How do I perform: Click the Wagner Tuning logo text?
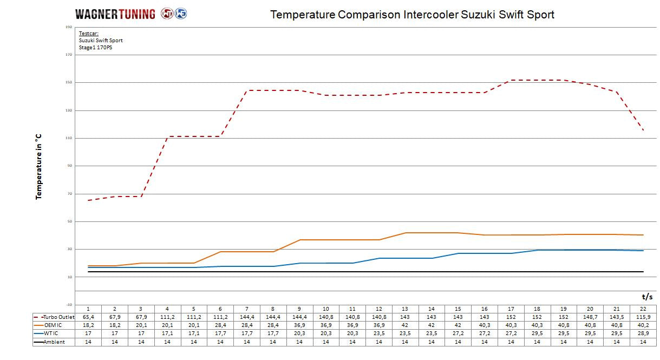click(x=115, y=14)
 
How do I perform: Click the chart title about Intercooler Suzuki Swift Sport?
click(x=412, y=15)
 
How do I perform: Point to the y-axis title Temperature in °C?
click(x=39, y=167)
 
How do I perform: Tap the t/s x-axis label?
click(x=647, y=296)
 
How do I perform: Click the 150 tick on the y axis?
click(x=69, y=83)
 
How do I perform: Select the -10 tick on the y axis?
click(x=69, y=305)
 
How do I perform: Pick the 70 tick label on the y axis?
click(x=69, y=194)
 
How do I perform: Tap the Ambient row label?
click(x=55, y=342)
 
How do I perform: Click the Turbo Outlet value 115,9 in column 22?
click(x=643, y=317)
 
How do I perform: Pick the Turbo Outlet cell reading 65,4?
click(x=88, y=317)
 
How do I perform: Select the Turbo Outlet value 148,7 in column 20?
click(x=590, y=317)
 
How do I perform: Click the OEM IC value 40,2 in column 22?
click(x=643, y=325)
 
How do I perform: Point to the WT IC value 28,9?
click(x=643, y=333)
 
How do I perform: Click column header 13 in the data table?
click(x=405, y=309)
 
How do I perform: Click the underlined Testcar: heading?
click(x=88, y=34)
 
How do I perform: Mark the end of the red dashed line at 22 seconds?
click(x=643, y=130)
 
